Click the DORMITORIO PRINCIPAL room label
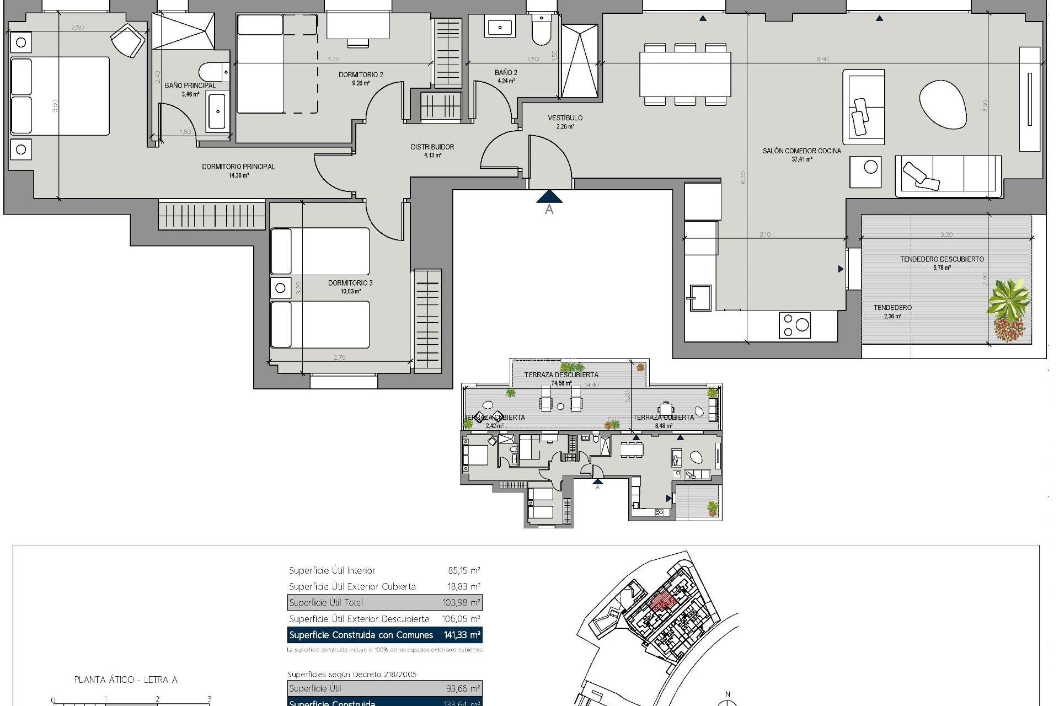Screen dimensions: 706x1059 [x=238, y=167]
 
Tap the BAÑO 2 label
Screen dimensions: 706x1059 [x=506, y=73]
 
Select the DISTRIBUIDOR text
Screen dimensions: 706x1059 [x=432, y=147]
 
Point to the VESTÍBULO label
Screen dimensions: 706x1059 [x=565, y=118]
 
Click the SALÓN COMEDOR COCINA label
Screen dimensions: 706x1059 [x=802, y=151]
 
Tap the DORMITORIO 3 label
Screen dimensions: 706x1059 [x=350, y=283]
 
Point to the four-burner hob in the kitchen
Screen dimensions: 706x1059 [x=794, y=325]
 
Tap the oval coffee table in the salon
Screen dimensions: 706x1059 [x=943, y=105]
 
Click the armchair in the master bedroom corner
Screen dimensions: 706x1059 [x=129, y=40]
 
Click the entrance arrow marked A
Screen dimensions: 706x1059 [x=549, y=197]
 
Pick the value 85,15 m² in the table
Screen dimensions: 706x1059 [x=463, y=570]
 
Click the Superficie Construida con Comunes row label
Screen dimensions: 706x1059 [x=361, y=635]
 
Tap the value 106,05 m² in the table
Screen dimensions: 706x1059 [x=462, y=619]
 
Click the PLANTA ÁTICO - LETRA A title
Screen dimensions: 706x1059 [x=126, y=680]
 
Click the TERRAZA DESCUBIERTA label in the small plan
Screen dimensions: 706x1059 [x=560, y=375]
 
